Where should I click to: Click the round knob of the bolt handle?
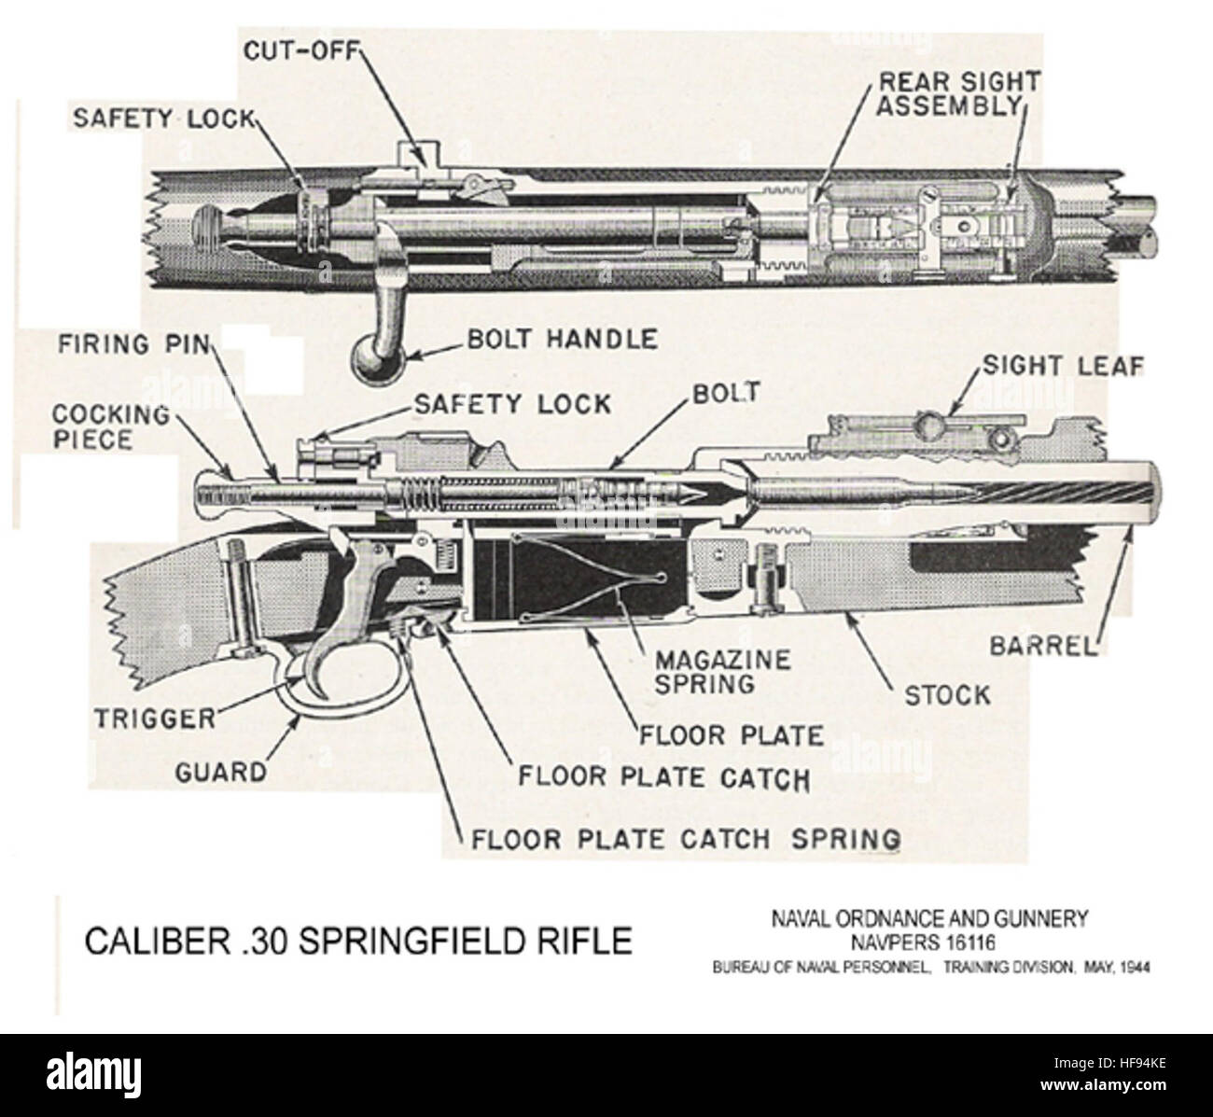pyautogui.click(x=375, y=360)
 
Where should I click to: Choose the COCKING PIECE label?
pyautogui.click(x=110, y=426)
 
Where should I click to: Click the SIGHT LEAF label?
pyautogui.click(x=1061, y=366)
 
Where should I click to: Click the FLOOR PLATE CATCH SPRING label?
pyautogui.click(x=686, y=838)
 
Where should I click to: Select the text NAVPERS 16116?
pyautogui.click(x=928, y=945)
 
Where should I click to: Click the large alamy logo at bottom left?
pyautogui.click(x=98, y=1063)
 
